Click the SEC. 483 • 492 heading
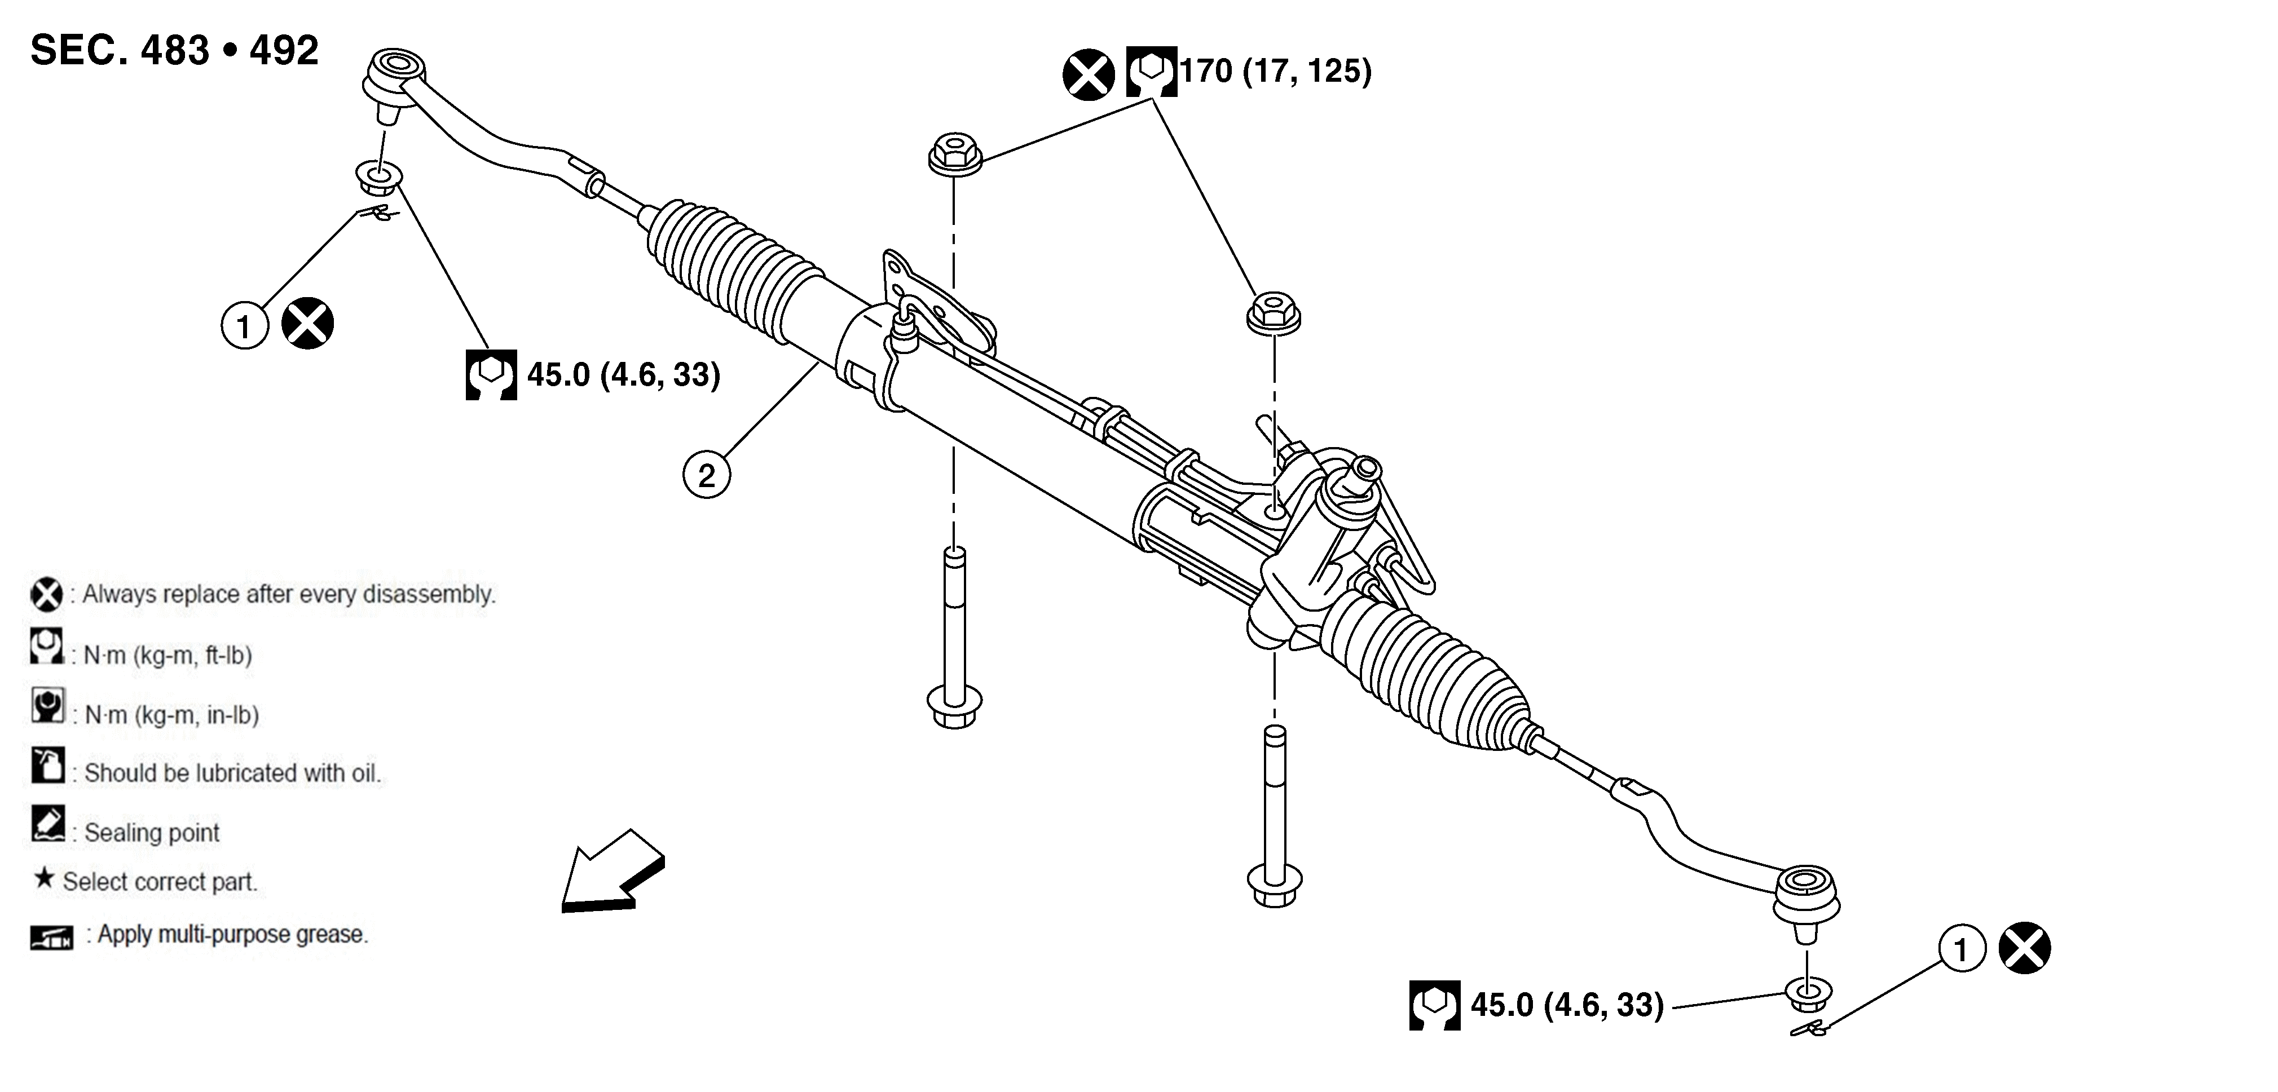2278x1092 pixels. coord(174,50)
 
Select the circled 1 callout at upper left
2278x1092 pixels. coord(244,326)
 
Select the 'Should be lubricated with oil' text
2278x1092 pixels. coord(232,773)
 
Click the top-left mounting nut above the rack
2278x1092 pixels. coord(954,154)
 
